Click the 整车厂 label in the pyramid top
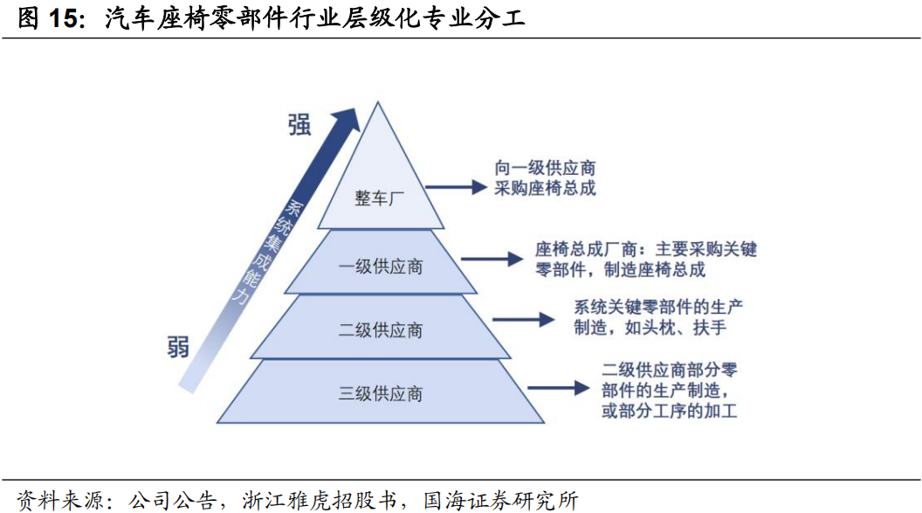(380, 198)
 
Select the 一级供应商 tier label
(380, 266)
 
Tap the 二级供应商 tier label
(380, 330)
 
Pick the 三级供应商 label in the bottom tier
(380, 394)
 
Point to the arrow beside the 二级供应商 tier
(523, 320)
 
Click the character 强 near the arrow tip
(299, 125)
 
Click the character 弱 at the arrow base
(177, 347)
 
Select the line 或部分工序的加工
(669, 410)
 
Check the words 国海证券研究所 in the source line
(500, 500)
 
